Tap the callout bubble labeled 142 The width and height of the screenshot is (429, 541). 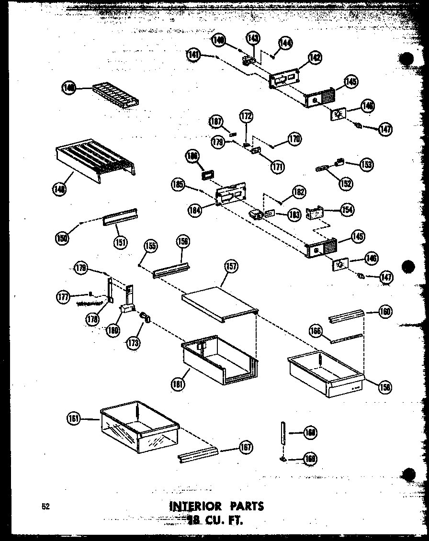315,58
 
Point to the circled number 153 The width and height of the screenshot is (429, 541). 367,164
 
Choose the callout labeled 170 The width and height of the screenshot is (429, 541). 294,139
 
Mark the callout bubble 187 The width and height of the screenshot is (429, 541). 216,122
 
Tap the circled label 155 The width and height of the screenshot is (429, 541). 151,247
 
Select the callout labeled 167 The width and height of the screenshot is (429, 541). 245,448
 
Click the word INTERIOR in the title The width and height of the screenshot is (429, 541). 195,506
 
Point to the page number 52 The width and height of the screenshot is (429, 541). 46,507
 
